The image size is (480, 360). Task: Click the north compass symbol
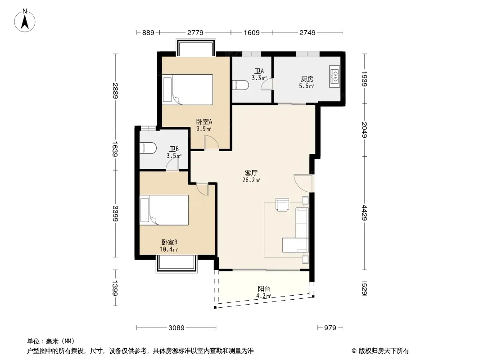(25, 21)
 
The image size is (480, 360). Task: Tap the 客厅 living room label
(251, 173)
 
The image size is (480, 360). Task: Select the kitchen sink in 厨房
(335, 76)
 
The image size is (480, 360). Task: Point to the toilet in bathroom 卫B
(148, 148)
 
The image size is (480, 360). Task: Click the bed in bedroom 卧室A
(187, 90)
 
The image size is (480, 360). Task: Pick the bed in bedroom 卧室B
(164, 210)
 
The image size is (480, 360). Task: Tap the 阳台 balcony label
(264, 289)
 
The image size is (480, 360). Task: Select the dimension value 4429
(364, 212)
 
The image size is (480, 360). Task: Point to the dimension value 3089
(177, 328)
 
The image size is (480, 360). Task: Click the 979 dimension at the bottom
(330, 328)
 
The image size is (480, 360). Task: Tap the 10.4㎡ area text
(169, 250)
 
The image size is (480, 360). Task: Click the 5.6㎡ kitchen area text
(307, 86)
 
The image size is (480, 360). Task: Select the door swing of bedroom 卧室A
(212, 143)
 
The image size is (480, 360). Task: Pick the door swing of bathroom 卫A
(267, 85)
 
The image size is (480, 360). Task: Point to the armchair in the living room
(282, 205)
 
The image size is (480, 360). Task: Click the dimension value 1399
(115, 288)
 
